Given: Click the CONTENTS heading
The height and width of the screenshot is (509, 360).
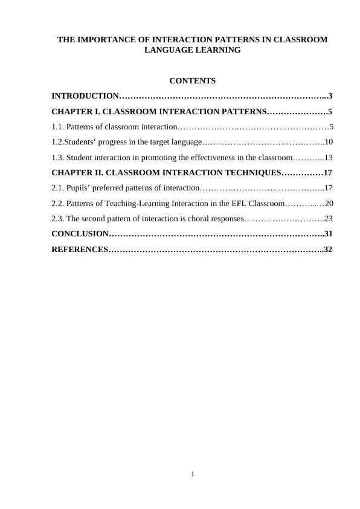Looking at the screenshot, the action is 193,81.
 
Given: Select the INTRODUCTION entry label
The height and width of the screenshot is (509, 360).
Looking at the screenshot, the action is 85,96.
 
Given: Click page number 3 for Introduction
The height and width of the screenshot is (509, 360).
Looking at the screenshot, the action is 330,96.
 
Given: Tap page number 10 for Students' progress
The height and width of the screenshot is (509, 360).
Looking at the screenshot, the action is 329,143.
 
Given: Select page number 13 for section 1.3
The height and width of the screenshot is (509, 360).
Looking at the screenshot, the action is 329,158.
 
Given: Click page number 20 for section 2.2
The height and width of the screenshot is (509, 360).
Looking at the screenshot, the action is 329,204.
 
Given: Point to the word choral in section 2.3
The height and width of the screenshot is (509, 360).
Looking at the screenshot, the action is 180,219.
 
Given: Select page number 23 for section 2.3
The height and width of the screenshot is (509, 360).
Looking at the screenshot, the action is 329,219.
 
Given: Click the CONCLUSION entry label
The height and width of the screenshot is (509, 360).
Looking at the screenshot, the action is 80,234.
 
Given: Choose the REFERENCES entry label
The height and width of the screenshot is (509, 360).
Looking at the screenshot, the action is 79,249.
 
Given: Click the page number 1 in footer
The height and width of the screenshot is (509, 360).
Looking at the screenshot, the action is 192,473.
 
